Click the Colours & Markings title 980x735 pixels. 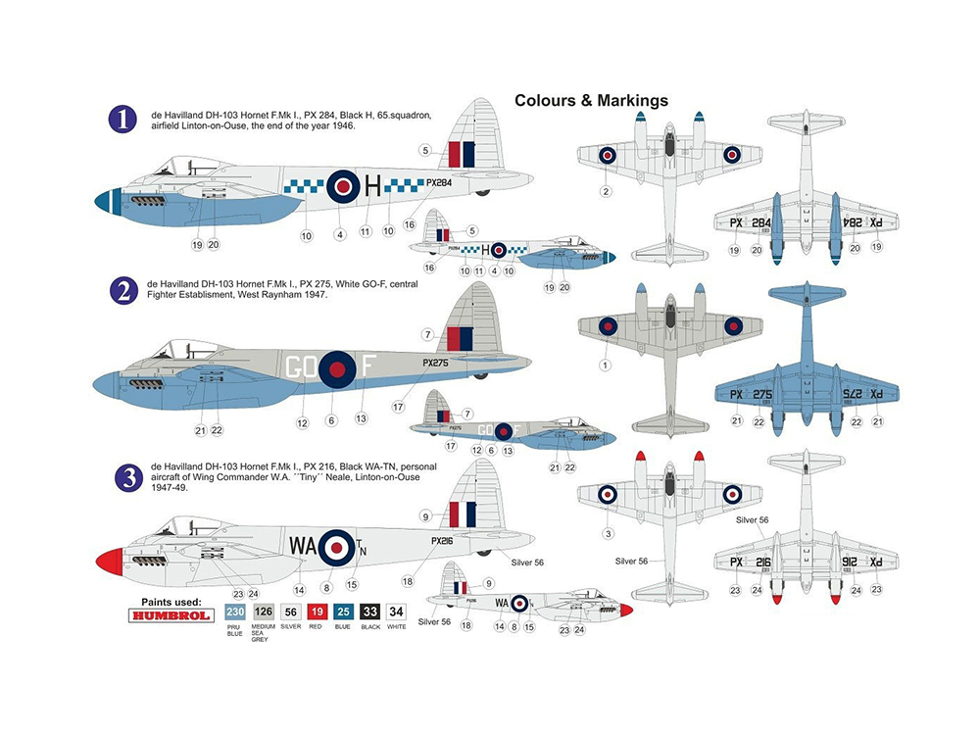click(591, 100)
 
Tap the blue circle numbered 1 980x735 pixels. click(122, 120)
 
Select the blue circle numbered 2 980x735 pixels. click(122, 290)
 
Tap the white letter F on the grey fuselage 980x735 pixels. click(368, 367)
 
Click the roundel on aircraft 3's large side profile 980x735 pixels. click(337, 545)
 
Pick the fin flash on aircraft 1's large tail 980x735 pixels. click(461, 154)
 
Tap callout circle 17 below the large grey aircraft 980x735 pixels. click(398, 406)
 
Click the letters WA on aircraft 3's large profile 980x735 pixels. click(302, 543)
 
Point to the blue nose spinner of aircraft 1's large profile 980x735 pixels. click(103, 201)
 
